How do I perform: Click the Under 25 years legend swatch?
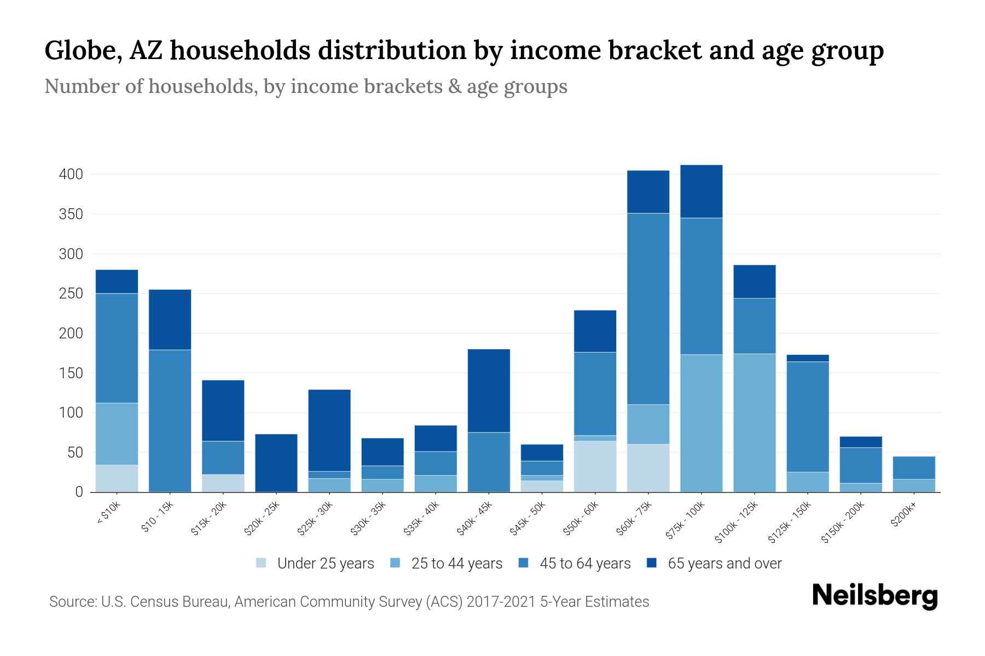tap(261, 563)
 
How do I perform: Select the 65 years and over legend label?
tap(725, 564)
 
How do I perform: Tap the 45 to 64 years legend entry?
tap(584, 564)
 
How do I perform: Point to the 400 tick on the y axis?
tap(71, 174)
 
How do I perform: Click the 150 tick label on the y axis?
tap(71, 373)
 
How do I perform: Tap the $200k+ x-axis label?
tap(903, 516)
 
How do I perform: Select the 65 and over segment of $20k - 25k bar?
tap(276, 462)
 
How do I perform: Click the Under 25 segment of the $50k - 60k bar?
tap(595, 466)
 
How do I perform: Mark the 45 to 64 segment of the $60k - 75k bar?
tap(648, 309)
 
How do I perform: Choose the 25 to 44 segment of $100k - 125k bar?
tap(754, 423)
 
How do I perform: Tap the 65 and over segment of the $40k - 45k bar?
tap(489, 390)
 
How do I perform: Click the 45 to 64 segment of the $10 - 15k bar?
tap(170, 420)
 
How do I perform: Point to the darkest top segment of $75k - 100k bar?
tap(701, 191)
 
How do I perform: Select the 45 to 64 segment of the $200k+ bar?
tap(913, 468)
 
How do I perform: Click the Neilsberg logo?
tap(874, 595)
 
